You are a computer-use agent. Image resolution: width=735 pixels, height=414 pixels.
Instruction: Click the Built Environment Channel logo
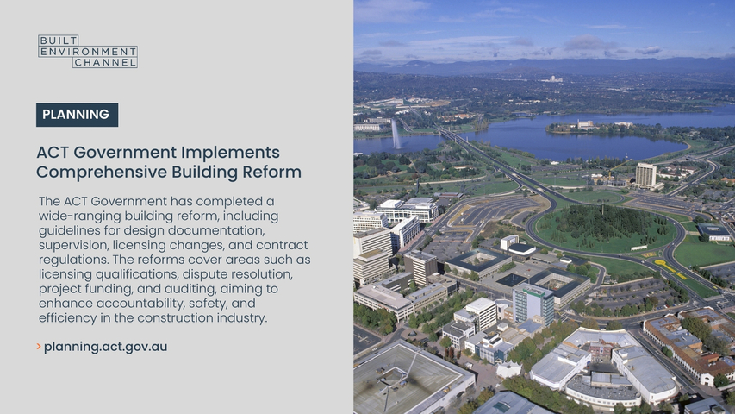(x=88, y=51)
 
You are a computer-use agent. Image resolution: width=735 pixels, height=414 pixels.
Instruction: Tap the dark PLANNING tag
(x=77, y=115)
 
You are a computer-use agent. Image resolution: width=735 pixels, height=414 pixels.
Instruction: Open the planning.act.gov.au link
(x=105, y=347)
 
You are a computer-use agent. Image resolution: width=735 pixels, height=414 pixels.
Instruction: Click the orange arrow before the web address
(x=39, y=347)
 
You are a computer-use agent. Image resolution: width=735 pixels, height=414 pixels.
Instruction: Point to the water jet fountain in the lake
(x=396, y=135)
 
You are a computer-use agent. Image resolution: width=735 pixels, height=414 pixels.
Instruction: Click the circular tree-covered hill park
(x=606, y=230)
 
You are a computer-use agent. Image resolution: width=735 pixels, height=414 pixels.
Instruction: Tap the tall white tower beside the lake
(x=645, y=176)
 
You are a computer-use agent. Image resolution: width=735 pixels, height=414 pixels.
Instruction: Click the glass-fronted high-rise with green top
(x=533, y=303)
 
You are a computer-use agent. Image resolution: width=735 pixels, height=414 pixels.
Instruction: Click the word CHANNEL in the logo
(x=105, y=62)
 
